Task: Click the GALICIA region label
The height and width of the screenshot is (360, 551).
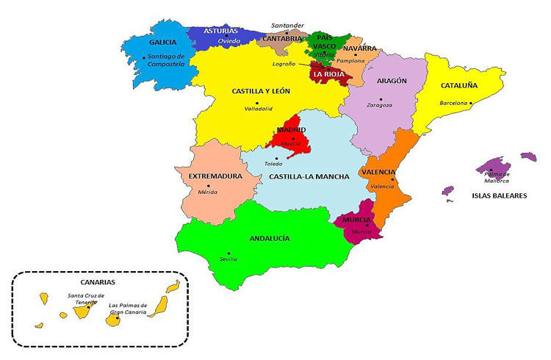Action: [163, 43]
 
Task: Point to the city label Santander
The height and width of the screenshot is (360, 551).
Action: [287, 25]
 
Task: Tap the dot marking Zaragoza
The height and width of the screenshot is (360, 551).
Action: [381, 98]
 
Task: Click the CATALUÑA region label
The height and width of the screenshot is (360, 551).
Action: [459, 85]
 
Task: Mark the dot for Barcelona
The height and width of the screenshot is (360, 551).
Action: [471, 103]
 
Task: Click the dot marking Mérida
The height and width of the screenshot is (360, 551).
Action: [209, 186]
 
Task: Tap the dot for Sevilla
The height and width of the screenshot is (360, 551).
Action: [228, 253]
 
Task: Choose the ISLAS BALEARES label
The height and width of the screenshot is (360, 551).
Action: [500, 196]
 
